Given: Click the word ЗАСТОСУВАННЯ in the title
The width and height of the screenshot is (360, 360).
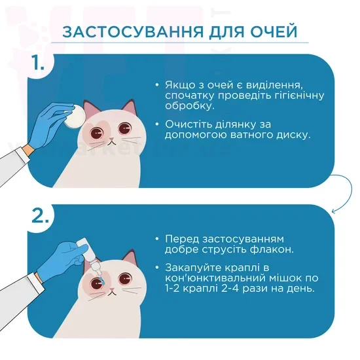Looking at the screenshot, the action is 133,31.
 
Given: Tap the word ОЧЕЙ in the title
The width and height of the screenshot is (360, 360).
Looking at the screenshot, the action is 274,31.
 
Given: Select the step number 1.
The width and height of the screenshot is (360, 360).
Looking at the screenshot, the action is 38,62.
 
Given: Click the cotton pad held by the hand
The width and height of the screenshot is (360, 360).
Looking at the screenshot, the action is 75,116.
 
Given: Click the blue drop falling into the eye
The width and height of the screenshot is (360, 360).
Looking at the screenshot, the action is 102,281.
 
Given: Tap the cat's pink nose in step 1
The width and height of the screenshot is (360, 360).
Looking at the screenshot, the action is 111,139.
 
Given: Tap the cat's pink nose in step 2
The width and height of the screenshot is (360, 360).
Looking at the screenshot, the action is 112,289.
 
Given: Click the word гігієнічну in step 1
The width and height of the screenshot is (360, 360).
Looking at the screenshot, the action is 299,96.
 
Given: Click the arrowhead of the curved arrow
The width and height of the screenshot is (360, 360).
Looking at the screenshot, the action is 333,211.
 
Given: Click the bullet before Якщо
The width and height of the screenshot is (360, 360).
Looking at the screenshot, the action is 157,85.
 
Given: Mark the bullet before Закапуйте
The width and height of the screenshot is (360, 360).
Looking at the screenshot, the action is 157,268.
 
